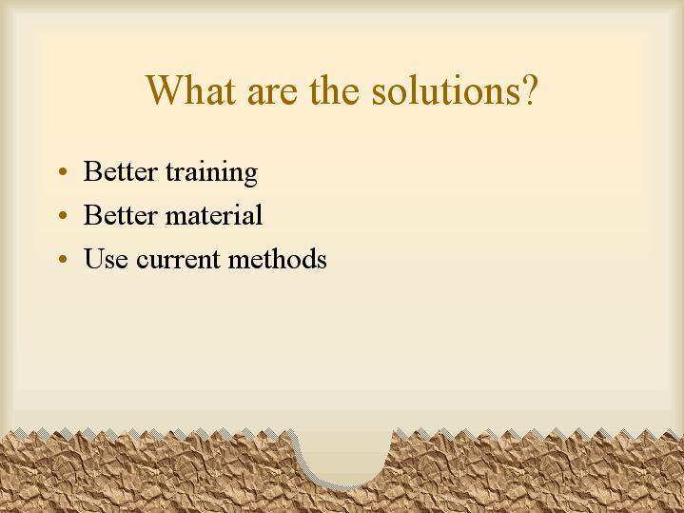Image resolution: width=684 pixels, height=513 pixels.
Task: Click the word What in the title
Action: pyautogui.click(x=191, y=89)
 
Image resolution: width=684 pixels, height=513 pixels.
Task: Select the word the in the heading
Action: pyautogui.click(x=335, y=89)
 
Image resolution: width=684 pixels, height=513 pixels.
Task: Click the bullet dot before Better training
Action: pyautogui.click(x=63, y=171)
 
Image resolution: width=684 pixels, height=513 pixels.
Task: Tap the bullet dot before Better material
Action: pyautogui.click(x=63, y=215)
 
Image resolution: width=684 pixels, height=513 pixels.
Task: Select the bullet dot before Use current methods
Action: pyautogui.click(x=63, y=259)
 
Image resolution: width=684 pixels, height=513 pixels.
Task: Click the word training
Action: pyautogui.click(x=211, y=173)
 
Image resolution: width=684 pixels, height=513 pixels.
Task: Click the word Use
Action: pyautogui.click(x=106, y=258)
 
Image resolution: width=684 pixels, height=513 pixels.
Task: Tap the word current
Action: pyautogui.click(x=179, y=260)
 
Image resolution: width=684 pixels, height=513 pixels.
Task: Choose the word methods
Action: pyautogui.click(x=278, y=258)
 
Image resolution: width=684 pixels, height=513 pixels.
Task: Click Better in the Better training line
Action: pyautogui.click(x=120, y=170)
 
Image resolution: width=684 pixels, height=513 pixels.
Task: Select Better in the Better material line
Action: pyautogui.click(x=120, y=214)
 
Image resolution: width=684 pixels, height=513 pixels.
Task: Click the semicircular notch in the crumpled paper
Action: pyautogui.click(x=343, y=456)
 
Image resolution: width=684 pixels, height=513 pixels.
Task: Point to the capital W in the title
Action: pyautogui.click(x=165, y=89)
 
